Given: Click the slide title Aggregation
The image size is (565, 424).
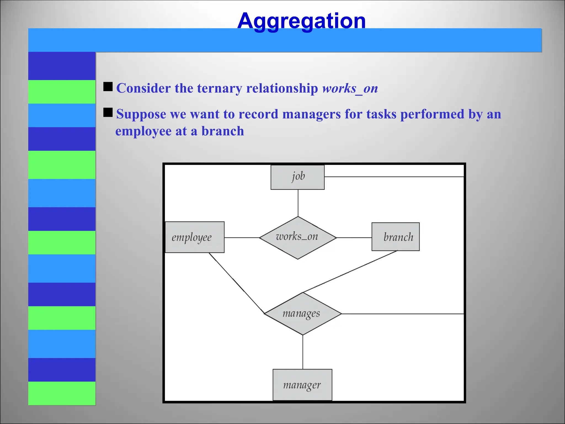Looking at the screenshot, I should pyautogui.click(x=301, y=21).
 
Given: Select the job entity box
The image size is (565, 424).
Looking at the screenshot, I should pyautogui.click(x=297, y=177).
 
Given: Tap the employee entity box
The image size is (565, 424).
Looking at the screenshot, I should pyautogui.click(x=194, y=237).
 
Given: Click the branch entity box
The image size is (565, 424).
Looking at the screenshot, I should pyautogui.click(x=395, y=237).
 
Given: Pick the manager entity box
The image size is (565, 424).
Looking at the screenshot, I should pyautogui.click(x=302, y=385).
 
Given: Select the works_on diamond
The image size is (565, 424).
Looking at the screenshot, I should pyautogui.click(x=298, y=237).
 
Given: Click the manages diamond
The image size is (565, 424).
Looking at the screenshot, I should pyautogui.click(x=303, y=314).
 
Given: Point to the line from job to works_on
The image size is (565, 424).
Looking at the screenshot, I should pyautogui.click(x=298, y=203).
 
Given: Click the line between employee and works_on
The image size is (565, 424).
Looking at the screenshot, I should pyautogui.click(x=242, y=238).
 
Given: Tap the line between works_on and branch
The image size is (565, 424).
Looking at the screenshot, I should pyautogui.click(x=354, y=238).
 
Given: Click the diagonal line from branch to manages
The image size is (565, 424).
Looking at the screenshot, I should pyautogui.click(x=350, y=272).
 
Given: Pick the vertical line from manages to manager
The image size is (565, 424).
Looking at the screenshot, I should pyautogui.click(x=303, y=352).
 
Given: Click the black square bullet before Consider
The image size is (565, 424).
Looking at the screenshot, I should pyautogui.click(x=108, y=87).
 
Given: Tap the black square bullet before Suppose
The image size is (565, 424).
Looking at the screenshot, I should pyautogui.click(x=108, y=112).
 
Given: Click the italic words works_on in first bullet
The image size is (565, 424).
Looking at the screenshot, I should pyautogui.click(x=350, y=88).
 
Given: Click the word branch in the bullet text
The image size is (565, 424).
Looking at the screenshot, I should pyautogui.click(x=223, y=131).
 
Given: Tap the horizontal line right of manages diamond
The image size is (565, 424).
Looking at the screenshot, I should pyautogui.click(x=403, y=314).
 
